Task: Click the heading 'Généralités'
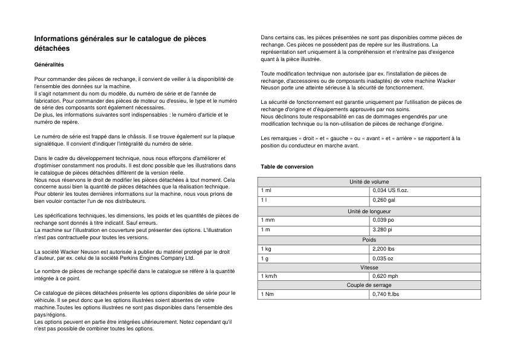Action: tap(49, 64)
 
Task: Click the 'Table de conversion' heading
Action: tap(287, 166)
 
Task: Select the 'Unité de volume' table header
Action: tap(369, 181)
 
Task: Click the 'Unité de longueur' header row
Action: tap(369, 211)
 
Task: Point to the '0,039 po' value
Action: tap(383, 220)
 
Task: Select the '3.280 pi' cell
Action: tap(383, 230)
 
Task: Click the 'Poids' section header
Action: tap(369, 239)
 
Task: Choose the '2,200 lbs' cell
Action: tap(384, 249)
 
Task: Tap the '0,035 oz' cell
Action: tap(383, 259)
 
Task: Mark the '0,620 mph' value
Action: tap(385, 276)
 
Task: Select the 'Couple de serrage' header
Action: tap(369, 285)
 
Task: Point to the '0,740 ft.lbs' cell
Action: tap(386, 294)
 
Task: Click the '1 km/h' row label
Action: tap(270, 276)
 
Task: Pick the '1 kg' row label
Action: tap(266, 249)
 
